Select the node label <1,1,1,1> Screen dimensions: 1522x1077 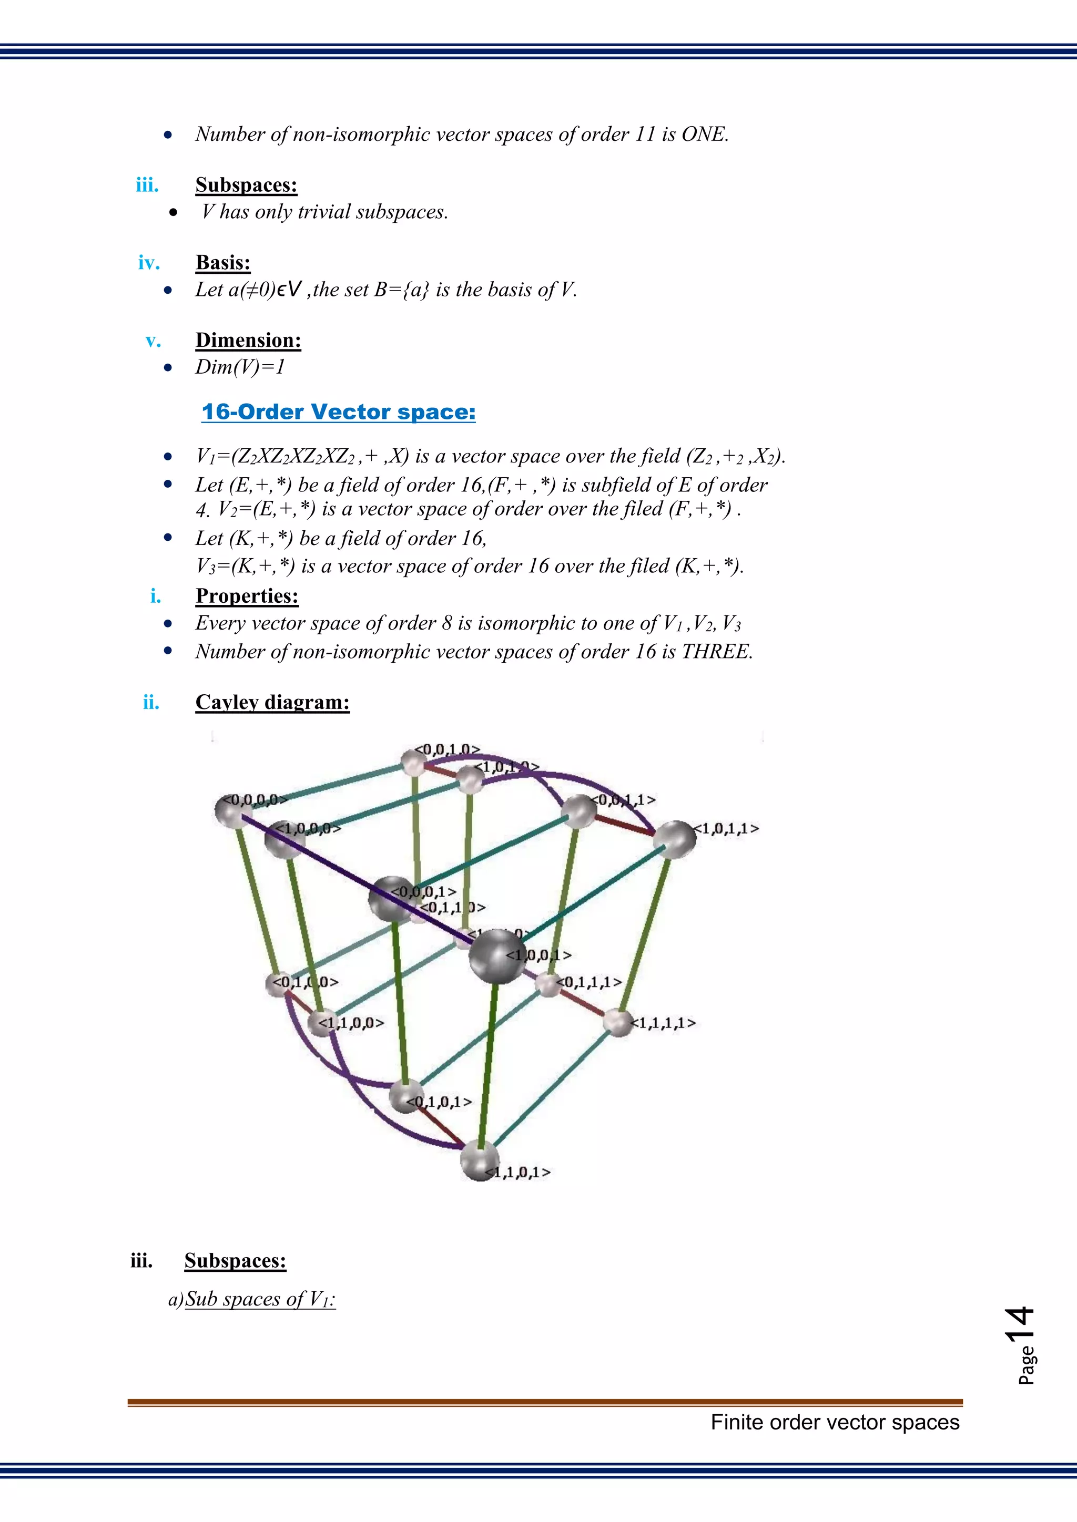click(x=663, y=1023)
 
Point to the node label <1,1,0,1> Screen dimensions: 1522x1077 click(x=519, y=1172)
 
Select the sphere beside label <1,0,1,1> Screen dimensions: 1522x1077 click(x=675, y=839)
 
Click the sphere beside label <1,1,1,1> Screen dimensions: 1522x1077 click(x=618, y=1023)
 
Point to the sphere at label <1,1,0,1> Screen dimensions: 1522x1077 click(x=480, y=1160)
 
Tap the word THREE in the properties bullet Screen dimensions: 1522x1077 click(x=716, y=652)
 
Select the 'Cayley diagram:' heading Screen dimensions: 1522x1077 click(x=272, y=702)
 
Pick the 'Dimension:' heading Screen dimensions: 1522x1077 click(x=248, y=340)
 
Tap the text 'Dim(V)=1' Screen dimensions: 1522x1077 click(x=240, y=367)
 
